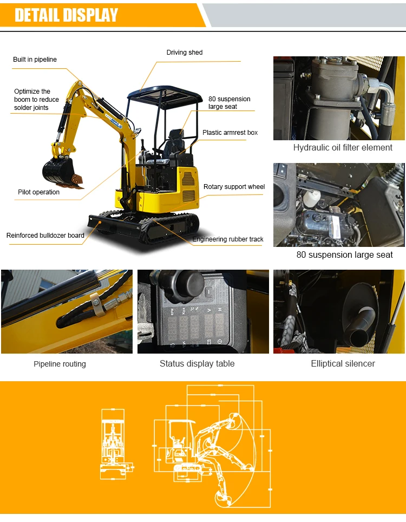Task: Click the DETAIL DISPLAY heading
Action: (x=66, y=15)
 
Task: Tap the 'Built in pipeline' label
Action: (x=35, y=60)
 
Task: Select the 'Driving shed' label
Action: (x=184, y=53)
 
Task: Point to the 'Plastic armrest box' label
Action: (x=230, y=133)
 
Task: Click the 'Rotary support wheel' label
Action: (x=234, y=187)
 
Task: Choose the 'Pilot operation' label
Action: (x=38, y=192)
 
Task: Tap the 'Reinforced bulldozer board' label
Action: (x=45, y=236)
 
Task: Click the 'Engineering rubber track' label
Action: (x=228, y=239)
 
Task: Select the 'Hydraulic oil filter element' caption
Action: (x=343, y=147)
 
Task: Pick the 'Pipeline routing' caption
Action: (x=60, y=364)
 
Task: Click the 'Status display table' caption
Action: (x=197, y=363)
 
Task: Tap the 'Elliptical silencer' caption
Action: (x=343, y=363)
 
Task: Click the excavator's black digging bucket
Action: (x=58, y=172)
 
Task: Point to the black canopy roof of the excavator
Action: (x=163, y=95)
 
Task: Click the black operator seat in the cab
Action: (x=176, y=142)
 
